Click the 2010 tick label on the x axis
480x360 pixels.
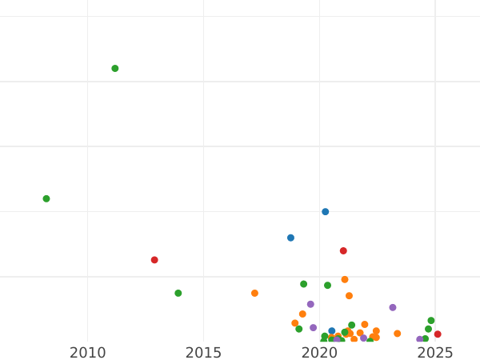[87, 353]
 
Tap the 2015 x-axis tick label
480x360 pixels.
[203, 353]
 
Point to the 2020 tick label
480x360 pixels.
[319, 353]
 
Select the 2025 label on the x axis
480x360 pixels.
[435, 353]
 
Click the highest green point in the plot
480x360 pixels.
[115, 69]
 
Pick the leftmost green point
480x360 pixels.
[46, 198]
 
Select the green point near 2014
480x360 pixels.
[178, 293]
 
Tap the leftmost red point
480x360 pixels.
[154, 260]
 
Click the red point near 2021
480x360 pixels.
[343, 251]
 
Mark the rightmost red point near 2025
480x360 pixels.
[438, 334]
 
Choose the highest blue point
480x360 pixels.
[326, 212]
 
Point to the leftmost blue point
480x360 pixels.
[290, 238]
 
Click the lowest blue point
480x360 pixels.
[332, 331]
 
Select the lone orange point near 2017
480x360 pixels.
[254, 293]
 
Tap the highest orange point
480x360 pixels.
[345, 279]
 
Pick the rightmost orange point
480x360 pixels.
[397, 334]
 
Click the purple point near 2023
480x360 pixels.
[393, 307]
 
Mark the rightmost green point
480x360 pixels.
[431, 321]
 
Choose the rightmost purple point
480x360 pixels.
[419, 339]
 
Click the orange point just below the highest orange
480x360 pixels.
[349, 296]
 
